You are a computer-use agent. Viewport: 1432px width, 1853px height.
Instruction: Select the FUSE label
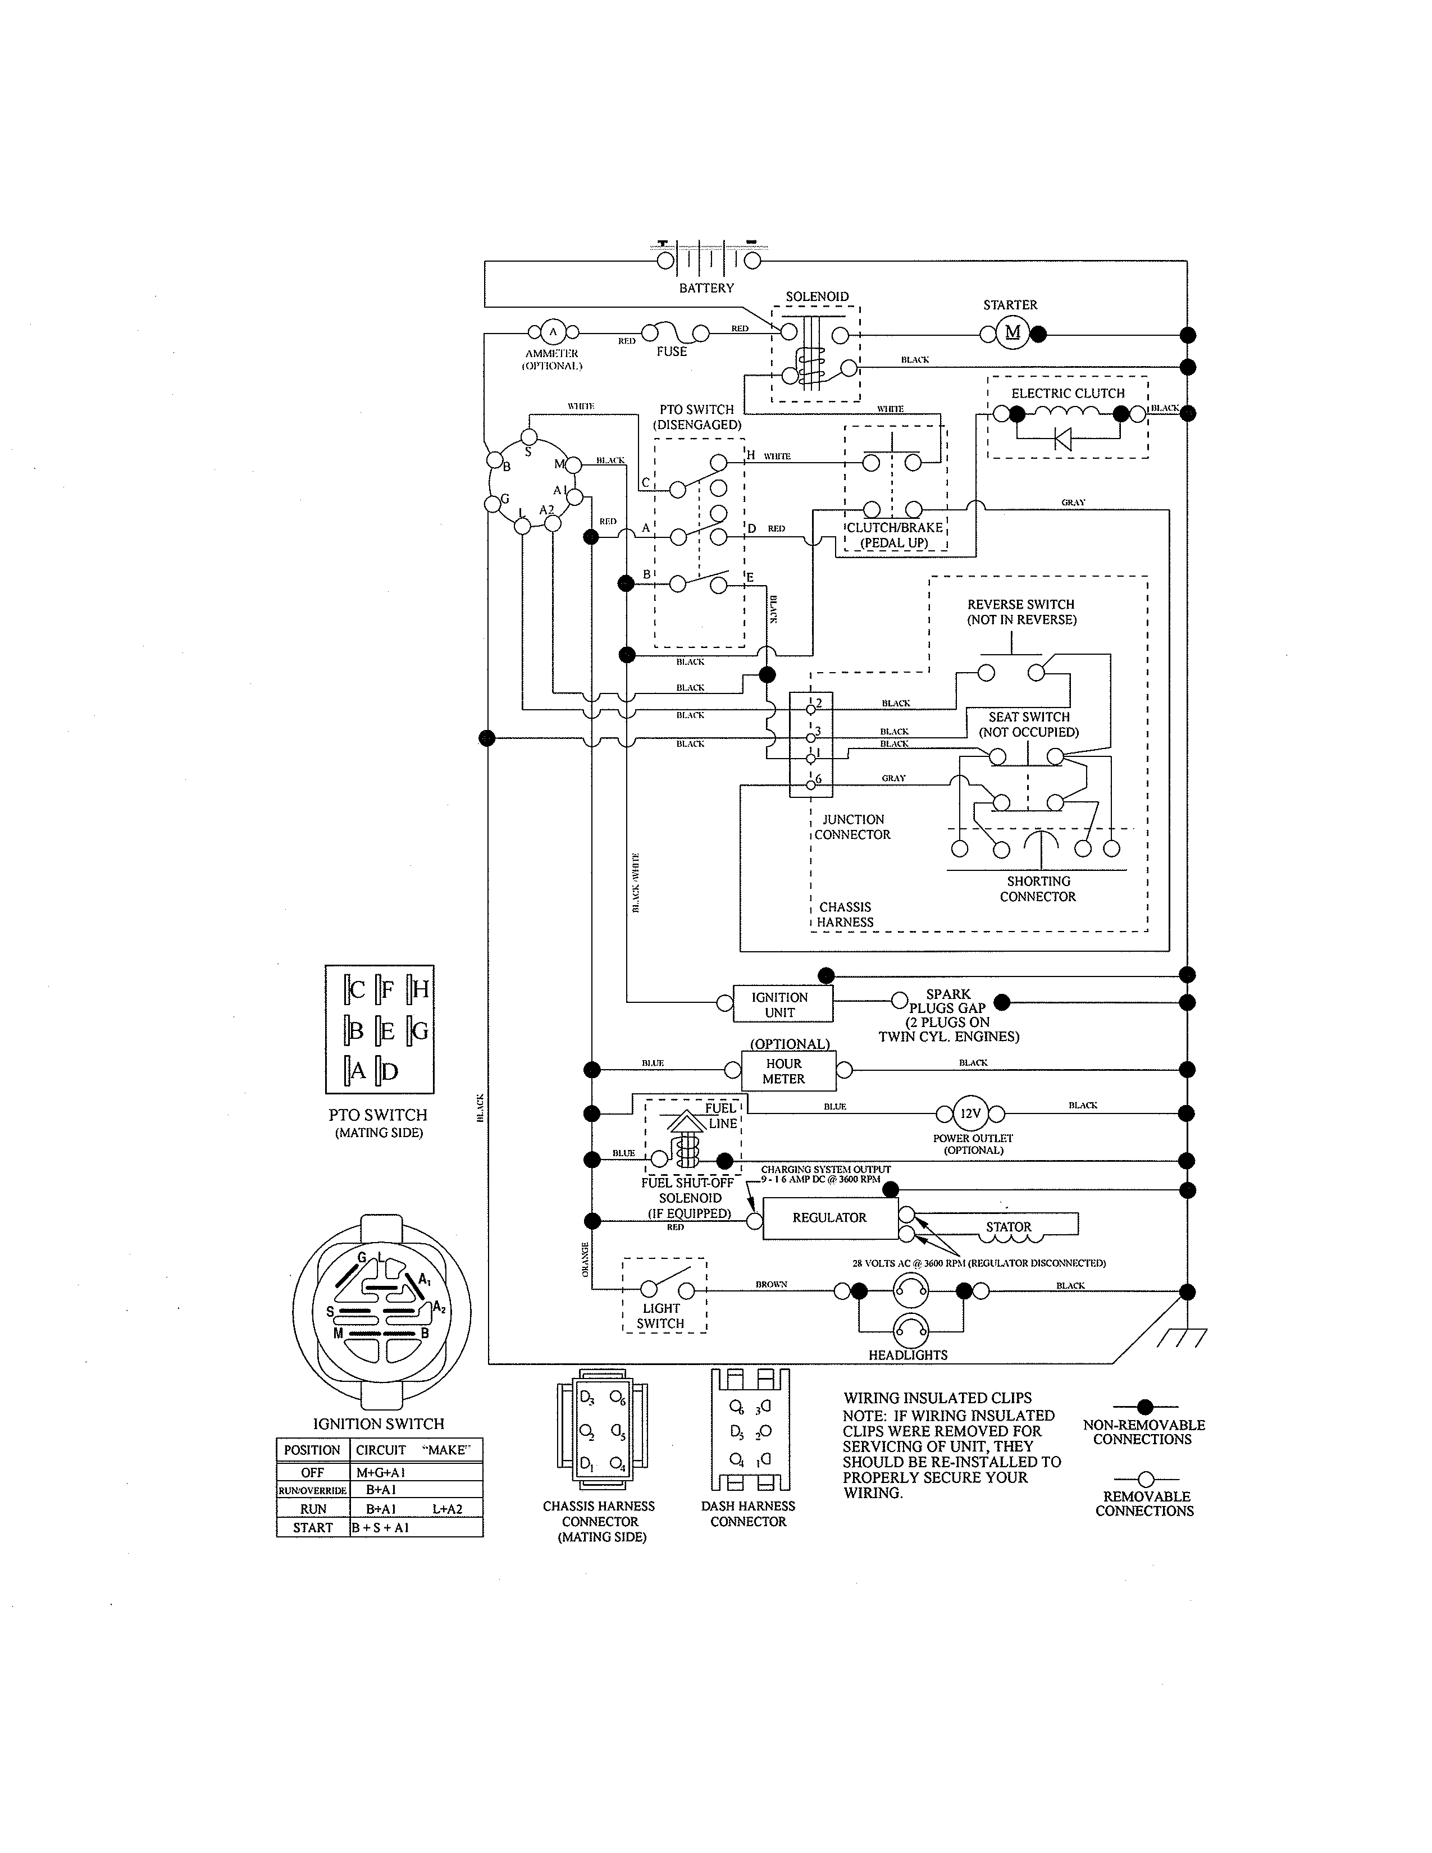(x=671, y=352)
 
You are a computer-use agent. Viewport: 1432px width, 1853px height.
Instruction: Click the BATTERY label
(x=706, y=287)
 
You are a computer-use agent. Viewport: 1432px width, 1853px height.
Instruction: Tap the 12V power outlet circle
(x=970, y=1114)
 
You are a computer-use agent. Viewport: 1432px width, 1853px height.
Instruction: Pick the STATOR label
(x=1009, y=1227)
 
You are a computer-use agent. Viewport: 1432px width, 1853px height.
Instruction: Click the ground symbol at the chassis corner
(x=1182, y=1338)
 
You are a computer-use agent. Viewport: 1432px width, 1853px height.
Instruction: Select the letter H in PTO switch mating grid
(x=420, y=989)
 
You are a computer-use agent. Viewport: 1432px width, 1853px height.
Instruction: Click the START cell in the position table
(x=313, y=1528)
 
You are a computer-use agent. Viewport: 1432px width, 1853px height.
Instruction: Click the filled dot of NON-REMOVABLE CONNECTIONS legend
(x=1145, y=1407)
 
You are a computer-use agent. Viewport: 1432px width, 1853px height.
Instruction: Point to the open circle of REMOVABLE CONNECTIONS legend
(x=1145, y=1479)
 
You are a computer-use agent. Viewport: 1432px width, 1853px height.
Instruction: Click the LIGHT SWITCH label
(x=661, y=1316)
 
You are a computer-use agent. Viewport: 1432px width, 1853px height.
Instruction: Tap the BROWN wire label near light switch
(x=771, y=1285)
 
